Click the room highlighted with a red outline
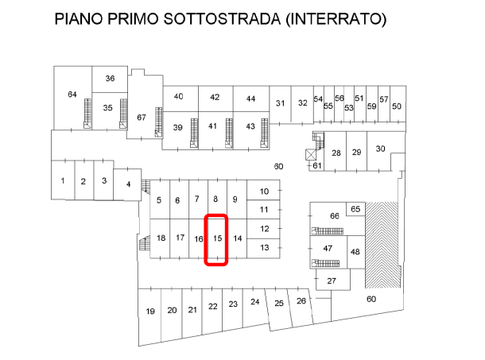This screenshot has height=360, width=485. click(216, 239)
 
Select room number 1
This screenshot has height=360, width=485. click(62, 180)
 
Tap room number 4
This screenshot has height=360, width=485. click(128, 184)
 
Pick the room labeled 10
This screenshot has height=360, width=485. click(265, 191)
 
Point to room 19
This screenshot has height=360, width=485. click(149, 311)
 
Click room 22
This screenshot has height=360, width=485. click(213, 306)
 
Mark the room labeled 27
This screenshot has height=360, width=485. click(332, 281)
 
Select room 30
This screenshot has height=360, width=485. click(381, 149)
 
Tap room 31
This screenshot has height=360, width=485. click(280, 103)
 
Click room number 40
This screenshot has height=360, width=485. click(179, 97)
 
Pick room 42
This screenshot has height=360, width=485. click(215, 97)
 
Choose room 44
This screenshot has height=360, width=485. click(250, 98)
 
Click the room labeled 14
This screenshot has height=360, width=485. click(236, 238)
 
